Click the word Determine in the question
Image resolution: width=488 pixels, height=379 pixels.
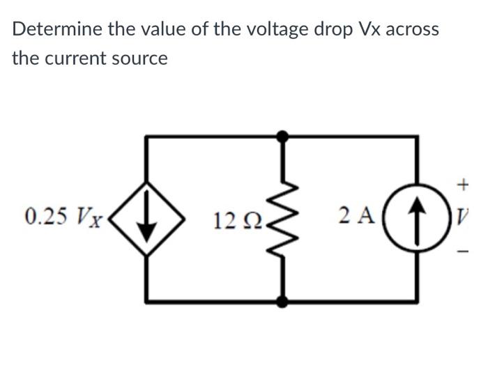pos(59,29)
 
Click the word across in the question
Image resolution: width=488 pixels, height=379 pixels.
pos(412,29)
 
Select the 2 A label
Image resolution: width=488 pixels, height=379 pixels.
pos(356,217)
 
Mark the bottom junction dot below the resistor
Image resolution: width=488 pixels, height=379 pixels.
pos(282,302)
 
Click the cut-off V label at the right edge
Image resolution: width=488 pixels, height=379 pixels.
pos(463,217)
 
